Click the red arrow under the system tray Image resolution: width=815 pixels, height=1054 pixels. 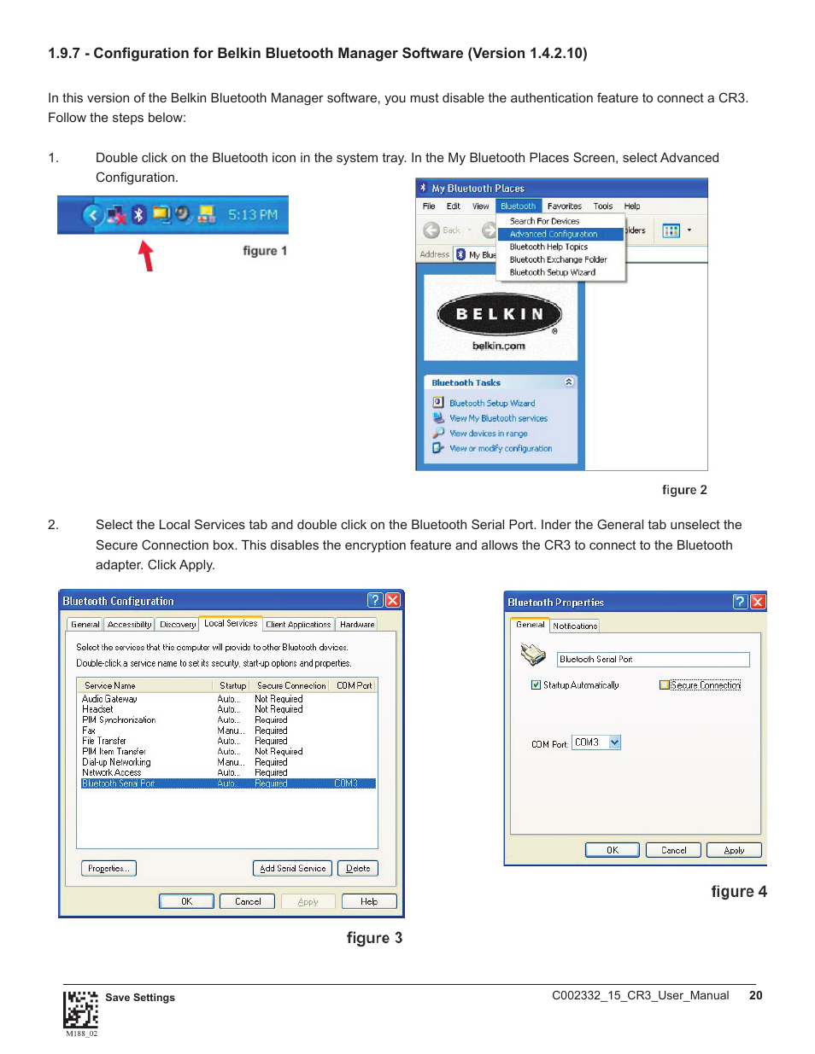click(147, 255)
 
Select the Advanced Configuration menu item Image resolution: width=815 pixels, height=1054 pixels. click(554, 234)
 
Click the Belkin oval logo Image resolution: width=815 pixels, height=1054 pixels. click(500, 315)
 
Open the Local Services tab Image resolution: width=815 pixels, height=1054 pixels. click(230, 624)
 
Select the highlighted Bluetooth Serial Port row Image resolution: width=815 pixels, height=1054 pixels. click(227, 783)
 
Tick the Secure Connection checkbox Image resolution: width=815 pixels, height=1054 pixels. click(665, 685)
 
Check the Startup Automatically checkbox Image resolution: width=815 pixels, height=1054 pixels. click(536, 685)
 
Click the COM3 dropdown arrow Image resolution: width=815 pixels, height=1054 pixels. click(614, 742)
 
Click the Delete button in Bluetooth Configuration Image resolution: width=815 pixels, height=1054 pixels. click(358, 869)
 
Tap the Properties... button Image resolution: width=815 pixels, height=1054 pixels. click(108, 869)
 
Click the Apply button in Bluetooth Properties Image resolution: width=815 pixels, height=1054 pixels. click(734, 850)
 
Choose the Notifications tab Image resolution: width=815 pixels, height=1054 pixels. click(575, 626)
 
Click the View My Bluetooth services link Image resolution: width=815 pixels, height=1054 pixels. click(498, 418)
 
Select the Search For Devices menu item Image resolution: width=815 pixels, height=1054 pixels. click(544, 221)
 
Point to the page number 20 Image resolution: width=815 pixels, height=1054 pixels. click(755, 995)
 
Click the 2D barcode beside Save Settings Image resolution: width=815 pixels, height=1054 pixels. click(80, 1010)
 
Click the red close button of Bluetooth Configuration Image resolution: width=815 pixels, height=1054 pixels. click(393, 600)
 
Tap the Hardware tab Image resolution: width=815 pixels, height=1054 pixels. click(357, 625)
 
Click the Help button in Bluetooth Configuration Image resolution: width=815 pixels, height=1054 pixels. click(369, 901)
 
